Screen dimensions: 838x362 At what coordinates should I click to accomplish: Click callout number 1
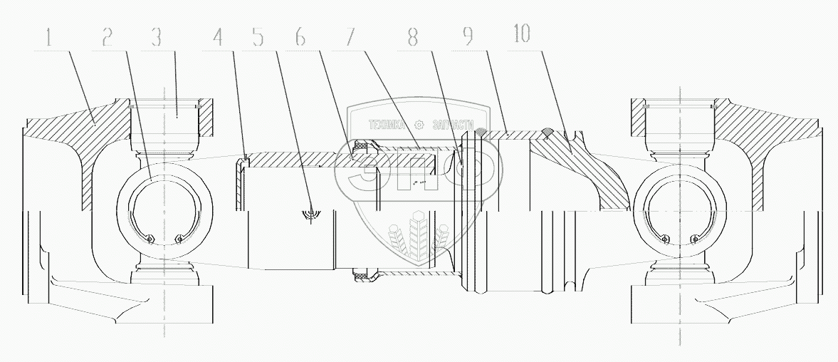(x=48, y=37)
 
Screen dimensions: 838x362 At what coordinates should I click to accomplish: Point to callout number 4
(x=217, y=37)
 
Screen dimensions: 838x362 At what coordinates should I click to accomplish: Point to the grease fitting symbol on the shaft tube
(x=311, y=212)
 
